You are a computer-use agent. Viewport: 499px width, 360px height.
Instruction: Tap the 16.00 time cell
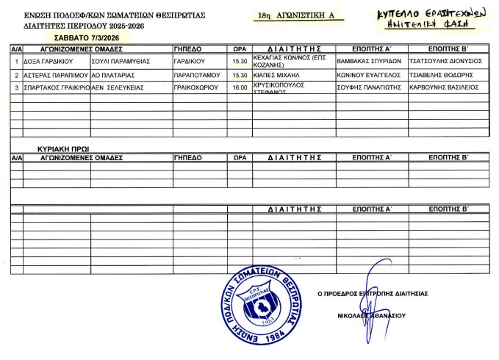click(238, 88)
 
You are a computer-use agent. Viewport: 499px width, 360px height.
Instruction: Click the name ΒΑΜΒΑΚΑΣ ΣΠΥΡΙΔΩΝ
click(367, 62)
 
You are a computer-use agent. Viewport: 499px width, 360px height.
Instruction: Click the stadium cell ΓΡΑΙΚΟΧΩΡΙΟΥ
click(193, 88)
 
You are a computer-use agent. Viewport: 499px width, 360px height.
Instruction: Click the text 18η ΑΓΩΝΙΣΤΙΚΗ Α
click(296, 14)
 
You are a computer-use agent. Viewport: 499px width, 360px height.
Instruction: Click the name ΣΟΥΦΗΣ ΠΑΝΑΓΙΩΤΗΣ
click(367, 88)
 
